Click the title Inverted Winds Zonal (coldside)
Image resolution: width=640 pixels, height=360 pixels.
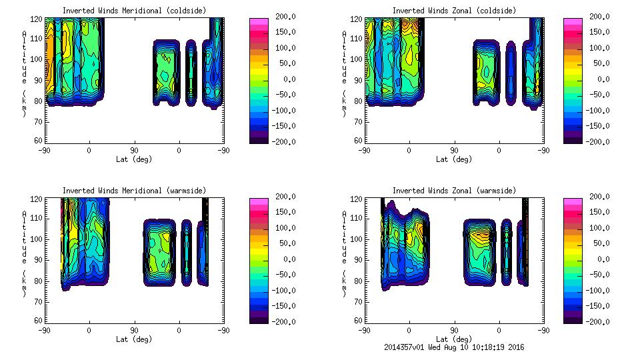[454, 11]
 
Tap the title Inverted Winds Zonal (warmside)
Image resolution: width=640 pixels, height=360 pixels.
[454, 191]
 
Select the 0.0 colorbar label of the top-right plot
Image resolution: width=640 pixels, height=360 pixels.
[598, 79]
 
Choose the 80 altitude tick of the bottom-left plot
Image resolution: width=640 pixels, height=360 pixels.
[39, 281]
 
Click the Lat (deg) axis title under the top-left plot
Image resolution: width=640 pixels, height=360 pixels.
[133, 159]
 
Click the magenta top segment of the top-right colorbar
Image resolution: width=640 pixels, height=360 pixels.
[572, 22]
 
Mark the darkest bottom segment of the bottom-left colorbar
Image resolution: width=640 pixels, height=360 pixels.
[259, 318]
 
